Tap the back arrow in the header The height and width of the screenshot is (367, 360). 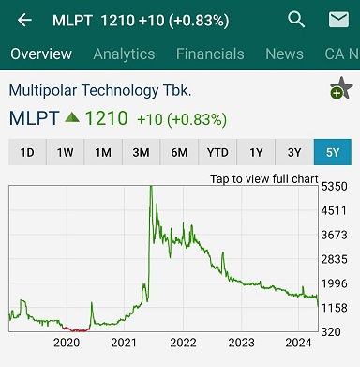(x=24, y=21)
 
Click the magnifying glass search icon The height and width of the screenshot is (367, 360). (x=296, y=20)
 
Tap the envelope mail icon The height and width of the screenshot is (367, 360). (x=338, y=20)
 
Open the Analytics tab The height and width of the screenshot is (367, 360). (x=124, y=54)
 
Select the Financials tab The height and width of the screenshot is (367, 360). (x=210, y=54)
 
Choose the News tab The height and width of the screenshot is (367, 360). (x=284, y=54)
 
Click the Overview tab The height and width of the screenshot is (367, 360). (x=41, y=54)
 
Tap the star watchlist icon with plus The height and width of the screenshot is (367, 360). (x=341, y=88)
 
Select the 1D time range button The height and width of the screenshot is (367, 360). (x=27, y=152)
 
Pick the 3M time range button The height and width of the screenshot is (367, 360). (x=141, y=152)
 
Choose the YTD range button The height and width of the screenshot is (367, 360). (x=217, y=152)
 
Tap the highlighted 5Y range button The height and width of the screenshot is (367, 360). (x=333, y=152)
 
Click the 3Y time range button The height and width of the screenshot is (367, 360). (x=294, y=152)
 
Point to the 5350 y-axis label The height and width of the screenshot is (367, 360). (x=334, y=187)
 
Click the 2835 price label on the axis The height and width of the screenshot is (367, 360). (x=334, y=259)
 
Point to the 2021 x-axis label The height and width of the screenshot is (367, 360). (x=124, y=343)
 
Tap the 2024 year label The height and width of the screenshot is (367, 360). (x=298, y=343)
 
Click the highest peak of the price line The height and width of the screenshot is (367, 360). (x=151, y=187)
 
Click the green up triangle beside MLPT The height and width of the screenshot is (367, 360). (x=72, y=117)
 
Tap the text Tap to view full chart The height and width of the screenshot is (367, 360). (x=264, y=179)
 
